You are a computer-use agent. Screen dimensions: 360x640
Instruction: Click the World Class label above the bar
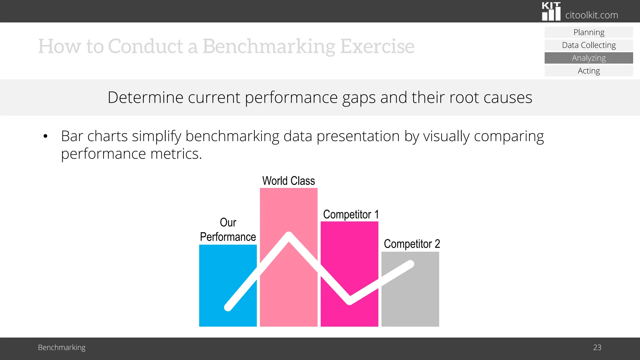[x=288, y=181]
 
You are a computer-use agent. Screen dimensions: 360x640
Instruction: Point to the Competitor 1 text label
[x=351, y=215]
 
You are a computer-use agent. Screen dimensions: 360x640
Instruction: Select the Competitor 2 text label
[x=412, y=244]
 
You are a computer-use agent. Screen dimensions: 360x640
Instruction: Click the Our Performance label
[x=228, y=230]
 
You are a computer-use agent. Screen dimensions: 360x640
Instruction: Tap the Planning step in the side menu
[x=589, y=32]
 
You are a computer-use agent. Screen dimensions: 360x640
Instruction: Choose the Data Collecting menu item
[x=589, y=45]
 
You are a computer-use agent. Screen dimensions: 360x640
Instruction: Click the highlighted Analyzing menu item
[x=589, y=58]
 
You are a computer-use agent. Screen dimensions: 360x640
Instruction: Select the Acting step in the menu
[x=589, y=71]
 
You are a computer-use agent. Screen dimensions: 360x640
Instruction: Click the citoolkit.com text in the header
[x=592, y=15]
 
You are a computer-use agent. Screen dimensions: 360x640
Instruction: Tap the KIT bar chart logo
[x=551, y=12]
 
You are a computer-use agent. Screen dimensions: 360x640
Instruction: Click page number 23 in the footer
[x=597, y=347]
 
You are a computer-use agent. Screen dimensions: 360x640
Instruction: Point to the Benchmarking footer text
[x=62, y=347]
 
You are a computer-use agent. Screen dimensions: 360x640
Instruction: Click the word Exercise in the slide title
[x=377, y=46]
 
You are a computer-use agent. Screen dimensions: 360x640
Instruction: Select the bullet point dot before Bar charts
[x=46, y=136]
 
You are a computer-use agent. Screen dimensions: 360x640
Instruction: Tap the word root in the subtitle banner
[x=464, y=97]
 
